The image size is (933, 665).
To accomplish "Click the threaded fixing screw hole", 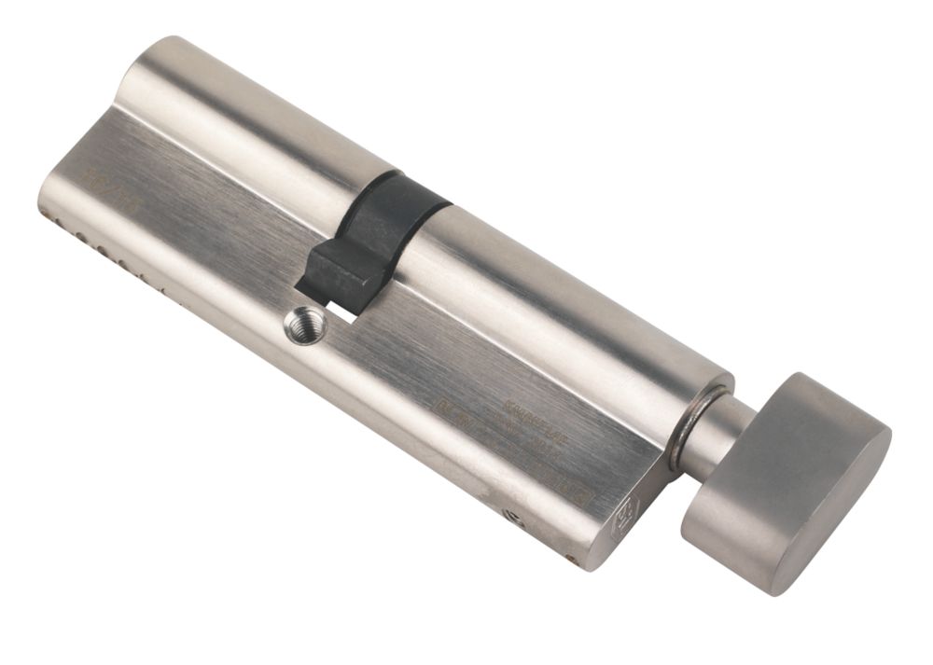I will [306, 326].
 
